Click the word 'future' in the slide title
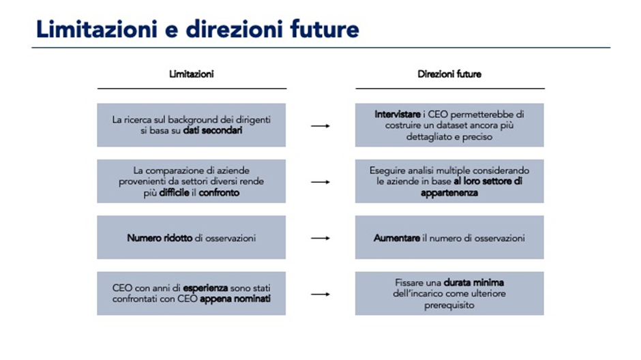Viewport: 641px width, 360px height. [x=325, y=29]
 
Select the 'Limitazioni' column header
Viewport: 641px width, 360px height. [x=192, y=74]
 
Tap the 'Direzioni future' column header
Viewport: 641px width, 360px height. [x=449, y=74]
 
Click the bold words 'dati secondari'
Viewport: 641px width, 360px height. [x=213, y=130]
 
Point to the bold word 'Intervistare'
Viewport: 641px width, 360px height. [x=398, y=115]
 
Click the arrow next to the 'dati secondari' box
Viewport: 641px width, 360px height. [x=320, y=126]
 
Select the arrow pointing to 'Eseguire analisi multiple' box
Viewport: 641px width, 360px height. [x=320, y=182]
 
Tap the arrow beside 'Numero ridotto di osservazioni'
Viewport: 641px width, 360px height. [x=320, y=238]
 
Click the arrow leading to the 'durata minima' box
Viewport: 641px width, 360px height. [x=320, y=294]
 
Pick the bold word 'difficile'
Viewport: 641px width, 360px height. [x=174, y=192]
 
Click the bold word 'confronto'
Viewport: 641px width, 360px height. [x=219, y=192]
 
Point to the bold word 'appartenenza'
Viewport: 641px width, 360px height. [x=449, y=193]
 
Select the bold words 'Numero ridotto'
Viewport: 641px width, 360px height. [x=160, y=238]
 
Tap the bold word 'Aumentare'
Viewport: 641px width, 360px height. [x=397, y=238]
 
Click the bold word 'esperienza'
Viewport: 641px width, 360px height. [x=205, y=288]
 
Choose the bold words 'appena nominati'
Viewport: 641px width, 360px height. [x=235, y=299]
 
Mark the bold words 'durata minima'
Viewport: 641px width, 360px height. [x=474, y=282]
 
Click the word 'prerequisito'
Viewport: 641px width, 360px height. [x=449, y=305]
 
